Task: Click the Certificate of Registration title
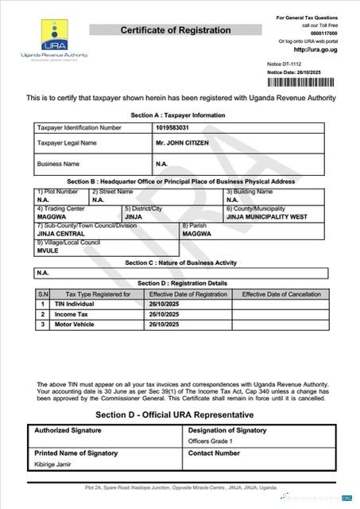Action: coord(176,30)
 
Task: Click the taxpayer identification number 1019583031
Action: coord(172,126)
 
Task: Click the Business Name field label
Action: coord(58,164)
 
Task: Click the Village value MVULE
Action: coord(48,250)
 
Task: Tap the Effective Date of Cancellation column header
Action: coord(279,294)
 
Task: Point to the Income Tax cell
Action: coord(71,314)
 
